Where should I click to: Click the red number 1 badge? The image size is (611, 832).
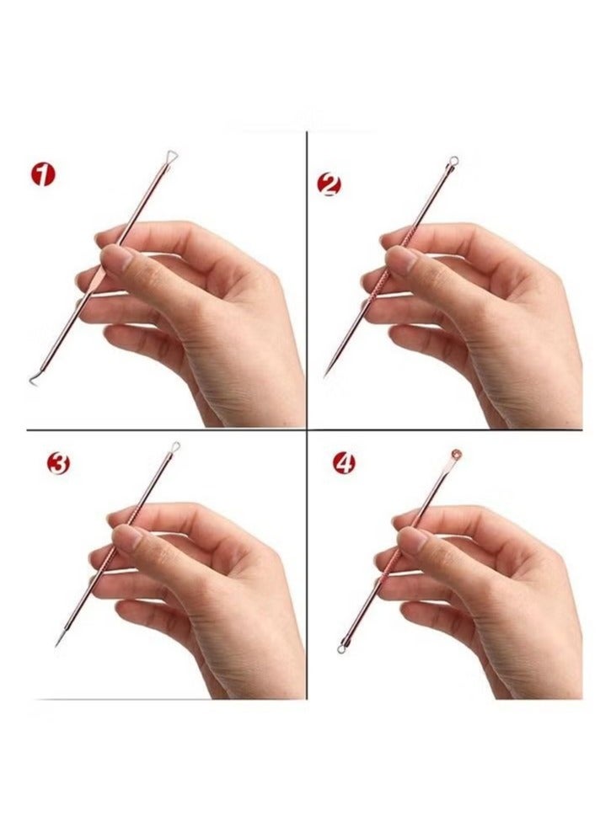(x=44, y=175)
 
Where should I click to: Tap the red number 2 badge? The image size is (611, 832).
(x=328, y=184)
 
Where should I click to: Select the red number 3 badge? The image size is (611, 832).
(x=59, y=464)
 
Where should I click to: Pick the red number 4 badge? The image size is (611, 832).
(x=344, y=463)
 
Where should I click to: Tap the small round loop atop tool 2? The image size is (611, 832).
(x=453, y=160)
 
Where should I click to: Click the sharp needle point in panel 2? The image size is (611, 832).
(x=324, y=375)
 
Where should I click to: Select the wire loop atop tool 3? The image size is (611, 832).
(x=175, y=446)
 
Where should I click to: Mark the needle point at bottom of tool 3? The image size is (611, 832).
(x=56, y=645)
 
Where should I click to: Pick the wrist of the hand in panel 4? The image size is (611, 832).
(x=548, y=674)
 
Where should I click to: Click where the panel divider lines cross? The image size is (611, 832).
(x=306, y=430)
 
